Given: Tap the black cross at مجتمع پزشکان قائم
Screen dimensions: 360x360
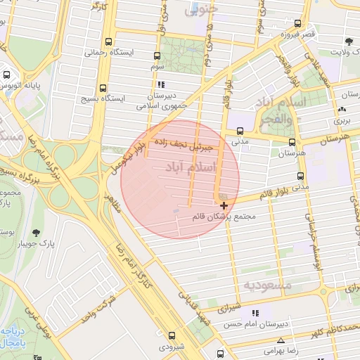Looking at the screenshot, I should tap(224, 205).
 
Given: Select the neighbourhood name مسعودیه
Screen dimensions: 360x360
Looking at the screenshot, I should tap(267, 285).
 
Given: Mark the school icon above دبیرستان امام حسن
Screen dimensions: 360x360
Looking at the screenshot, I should tap(255, 312).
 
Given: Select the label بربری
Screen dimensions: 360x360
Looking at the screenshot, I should tap(341, 120).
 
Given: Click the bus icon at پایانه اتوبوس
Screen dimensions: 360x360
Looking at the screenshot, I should tap(6, 74).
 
